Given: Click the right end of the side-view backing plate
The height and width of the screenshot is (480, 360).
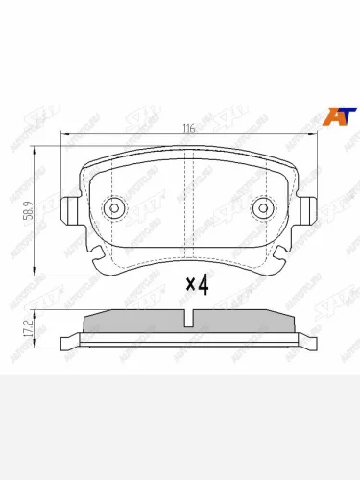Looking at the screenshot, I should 312,340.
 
